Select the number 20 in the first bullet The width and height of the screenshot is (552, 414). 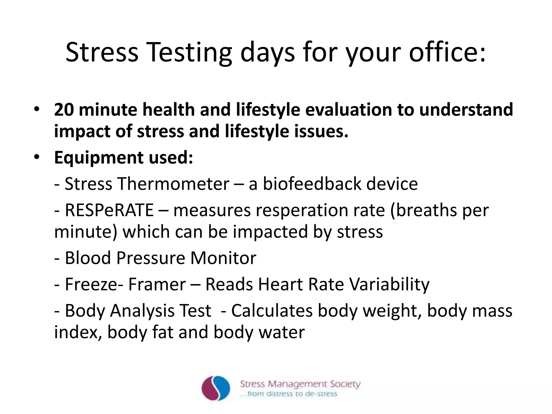pyautogui.click(x=64, y=110)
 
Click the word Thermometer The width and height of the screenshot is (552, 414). pyautogui.click(x=174, y=184)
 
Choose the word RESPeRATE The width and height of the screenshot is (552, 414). pyautogui.click(x=109, y=210)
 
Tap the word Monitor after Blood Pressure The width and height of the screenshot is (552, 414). pyautogui.click(x=223, y=258)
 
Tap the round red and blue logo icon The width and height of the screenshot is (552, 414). pyautogui.click(x=216, y=388)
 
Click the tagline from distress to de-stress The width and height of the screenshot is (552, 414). pyautogui.click(x=289, y=394)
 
